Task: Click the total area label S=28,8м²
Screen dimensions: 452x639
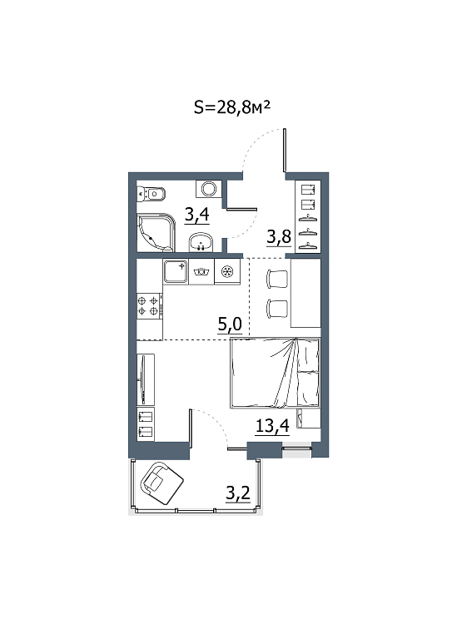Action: click(232, 108)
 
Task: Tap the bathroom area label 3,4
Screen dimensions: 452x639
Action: click(197, 215)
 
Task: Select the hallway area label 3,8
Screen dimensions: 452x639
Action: click(279, 236)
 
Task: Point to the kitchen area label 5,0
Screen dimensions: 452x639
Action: click(231, 324)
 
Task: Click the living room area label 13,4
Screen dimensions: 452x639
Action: click(272, 426)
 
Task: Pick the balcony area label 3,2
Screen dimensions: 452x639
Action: click(238, 493)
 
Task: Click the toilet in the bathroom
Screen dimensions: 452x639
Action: click(151, 193)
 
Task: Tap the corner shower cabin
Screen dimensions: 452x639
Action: click(156, 232)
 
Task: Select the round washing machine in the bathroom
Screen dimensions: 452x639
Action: click(209, 189)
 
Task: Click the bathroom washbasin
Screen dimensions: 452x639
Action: click(201, 242)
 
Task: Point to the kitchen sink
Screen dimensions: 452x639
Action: click(176, 272)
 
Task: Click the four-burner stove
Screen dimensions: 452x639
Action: click(150, 306)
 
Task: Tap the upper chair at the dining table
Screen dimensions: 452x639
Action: click(277, 280)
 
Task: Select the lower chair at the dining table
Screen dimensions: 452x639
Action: click(277, 309)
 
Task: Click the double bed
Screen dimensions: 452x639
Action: click(276, 373)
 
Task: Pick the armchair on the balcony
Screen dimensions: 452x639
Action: click(161, 483)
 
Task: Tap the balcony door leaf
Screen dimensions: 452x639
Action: click(190, 428)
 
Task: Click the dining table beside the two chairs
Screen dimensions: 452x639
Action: click(305, 293)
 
